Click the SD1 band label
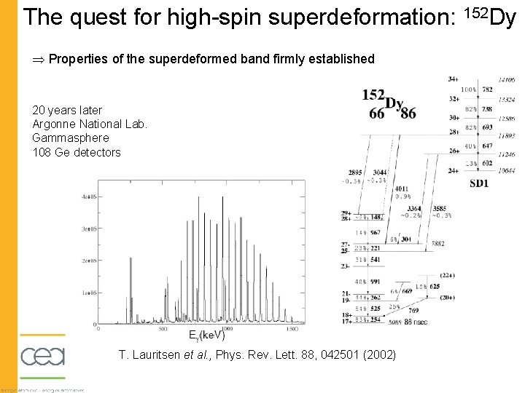coord(479,184)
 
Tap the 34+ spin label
coord(454,79)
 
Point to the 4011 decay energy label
coord(402,188)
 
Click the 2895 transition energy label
coord(356,172)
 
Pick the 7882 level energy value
coord(437,244)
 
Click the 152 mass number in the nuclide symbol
coord(373,95)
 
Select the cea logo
coord(42,357)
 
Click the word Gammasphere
coord(71,138)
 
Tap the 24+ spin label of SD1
coord(454,171)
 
